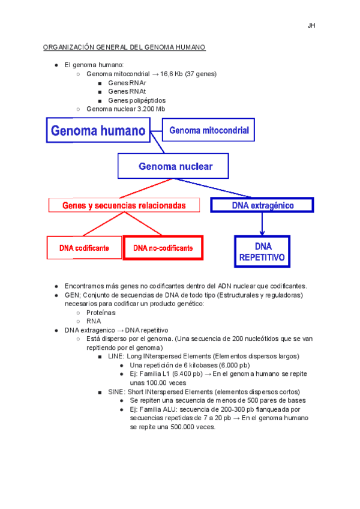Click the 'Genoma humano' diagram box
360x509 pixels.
coord(98,130)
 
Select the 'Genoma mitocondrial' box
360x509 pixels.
coord(208,130)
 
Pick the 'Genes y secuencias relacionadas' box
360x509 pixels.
coord(124,205)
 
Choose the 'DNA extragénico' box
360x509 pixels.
coord(262,205)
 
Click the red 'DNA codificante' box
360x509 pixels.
coord(84,247)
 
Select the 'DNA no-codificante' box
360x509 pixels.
coord(163,247)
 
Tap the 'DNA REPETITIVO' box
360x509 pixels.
coord(262,251)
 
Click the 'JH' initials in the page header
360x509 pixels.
coord(311,26)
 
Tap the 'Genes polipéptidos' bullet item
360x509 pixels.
coord(137,100)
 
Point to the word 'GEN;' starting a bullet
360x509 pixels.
coord(73,295)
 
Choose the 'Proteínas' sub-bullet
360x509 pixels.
coord(101,313)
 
